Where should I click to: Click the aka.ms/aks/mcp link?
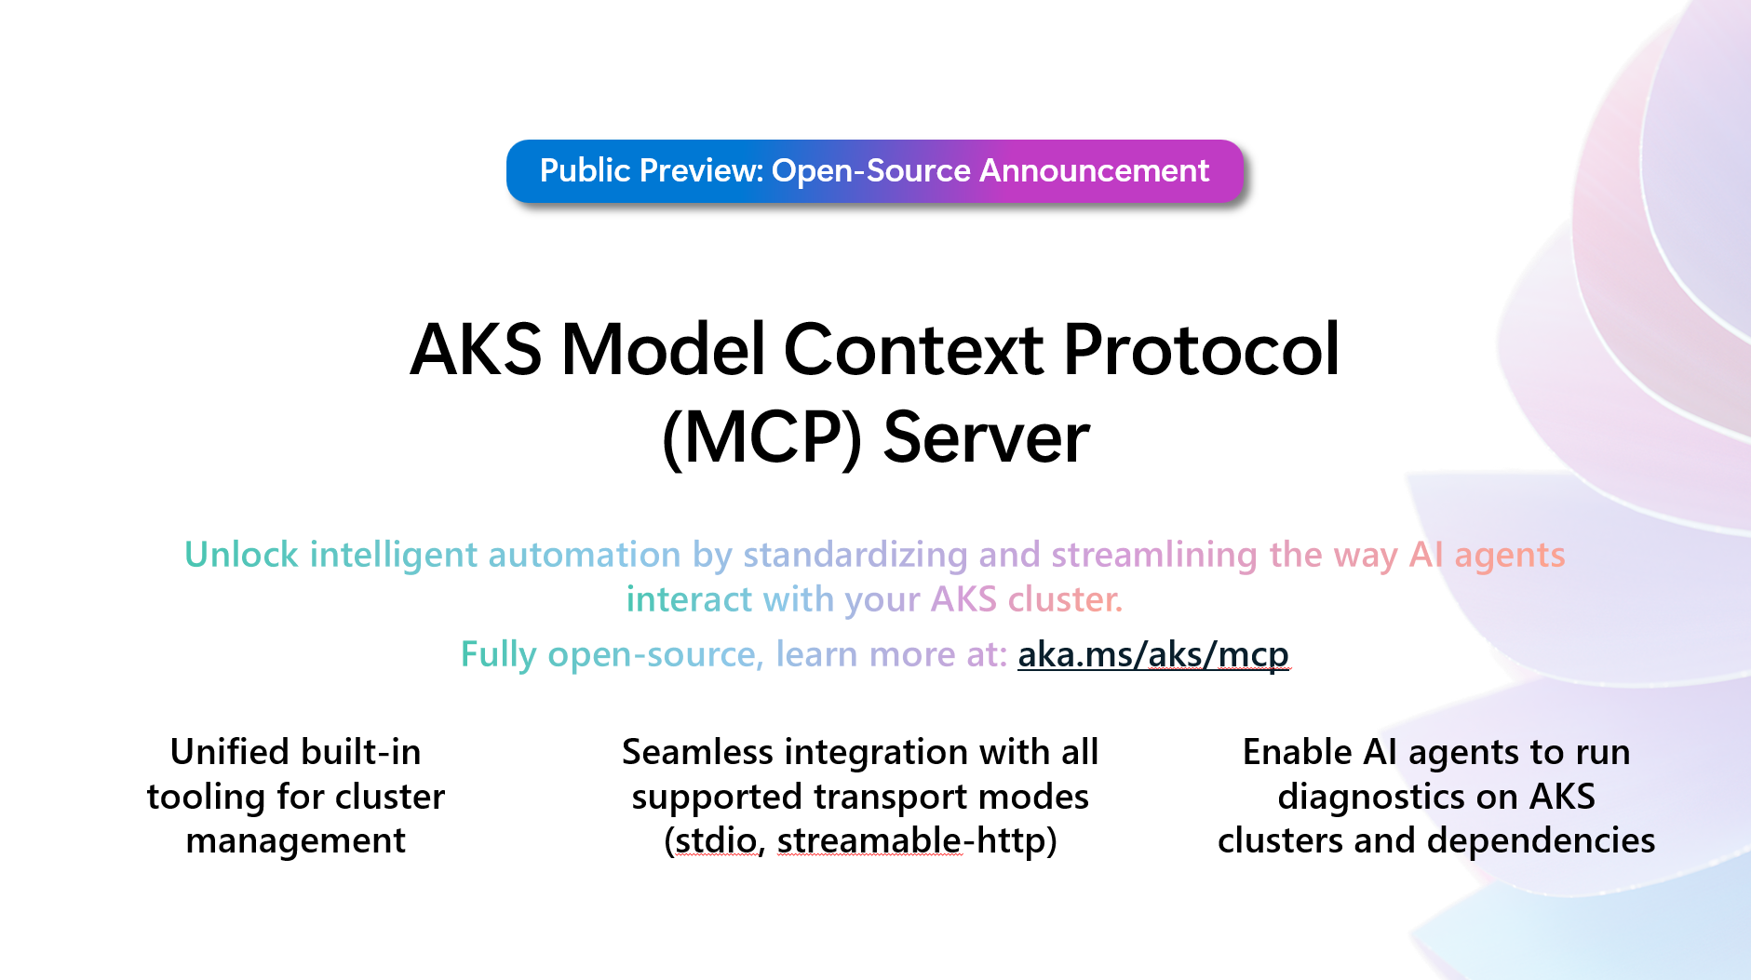point(1152,654)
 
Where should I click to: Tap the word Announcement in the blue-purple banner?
point(1094,171)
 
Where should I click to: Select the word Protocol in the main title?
point(1201,350)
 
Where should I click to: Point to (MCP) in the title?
point(761,437)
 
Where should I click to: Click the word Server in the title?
point(986,437)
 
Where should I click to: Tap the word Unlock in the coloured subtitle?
point(241,555)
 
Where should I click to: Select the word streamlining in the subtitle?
point(1154,555)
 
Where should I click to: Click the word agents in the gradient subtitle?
point(1509,555)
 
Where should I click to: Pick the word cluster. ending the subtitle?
point(1066,599)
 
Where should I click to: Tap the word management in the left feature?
point(295,840)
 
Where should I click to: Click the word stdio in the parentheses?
point(716,840)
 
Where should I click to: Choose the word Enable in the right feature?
point(1297,752)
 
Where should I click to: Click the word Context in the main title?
point(913,350)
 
